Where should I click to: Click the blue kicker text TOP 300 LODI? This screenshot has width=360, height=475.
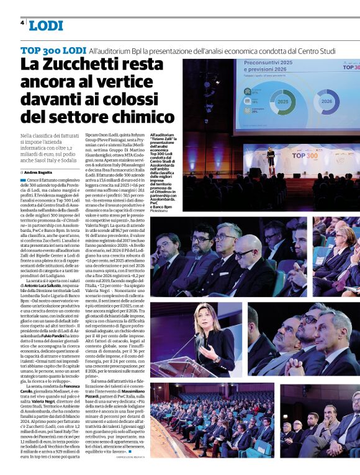(53, 50)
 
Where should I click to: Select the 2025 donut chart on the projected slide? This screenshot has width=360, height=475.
(282, 101)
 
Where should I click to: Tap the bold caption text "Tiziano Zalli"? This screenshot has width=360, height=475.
(163, 138)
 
